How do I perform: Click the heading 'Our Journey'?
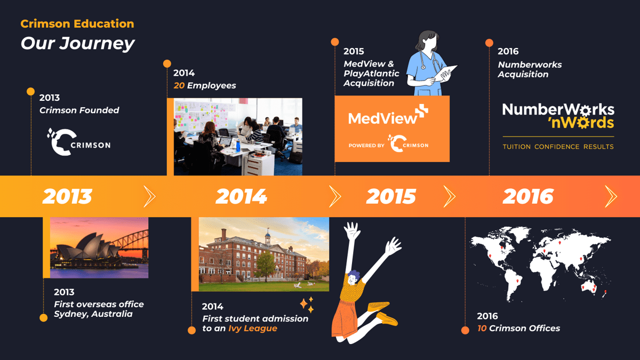point(77,43)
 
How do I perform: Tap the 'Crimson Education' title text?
point(77,23)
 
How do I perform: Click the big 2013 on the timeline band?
point(67,197)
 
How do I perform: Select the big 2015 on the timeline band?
point(391,197)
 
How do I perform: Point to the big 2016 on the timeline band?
point(528,197)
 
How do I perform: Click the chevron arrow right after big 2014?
point(335,196)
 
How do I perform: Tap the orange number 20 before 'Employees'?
point(179,85)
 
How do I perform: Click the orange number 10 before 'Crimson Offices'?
point(482,329)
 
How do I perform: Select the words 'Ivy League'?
point(253,329)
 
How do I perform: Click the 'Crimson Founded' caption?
point(79,110)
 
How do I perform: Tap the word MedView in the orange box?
point(382,118)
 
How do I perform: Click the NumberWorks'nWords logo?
point(558,116)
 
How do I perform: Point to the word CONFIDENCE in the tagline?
point(557,147)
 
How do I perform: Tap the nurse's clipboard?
point(446,73)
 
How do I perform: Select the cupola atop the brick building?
point(268,237)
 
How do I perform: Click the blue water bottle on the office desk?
point(238,146)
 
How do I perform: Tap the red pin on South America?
point(517,282)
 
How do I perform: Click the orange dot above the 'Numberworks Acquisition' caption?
point(489,43)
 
